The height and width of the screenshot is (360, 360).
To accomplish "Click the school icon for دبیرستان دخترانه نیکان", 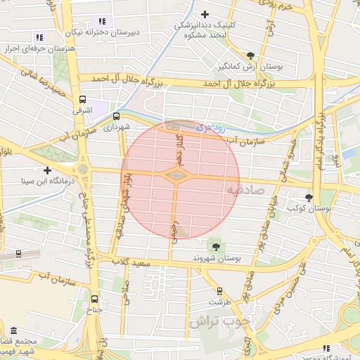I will coord(102,22).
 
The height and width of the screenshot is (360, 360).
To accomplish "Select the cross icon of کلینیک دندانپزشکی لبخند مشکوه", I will coord(205,14).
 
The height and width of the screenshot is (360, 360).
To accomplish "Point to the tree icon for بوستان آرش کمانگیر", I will coord(251,55).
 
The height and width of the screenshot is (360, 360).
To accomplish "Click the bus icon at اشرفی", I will coord(82,99).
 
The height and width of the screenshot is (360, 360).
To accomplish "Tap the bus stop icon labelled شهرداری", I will coord(116,117).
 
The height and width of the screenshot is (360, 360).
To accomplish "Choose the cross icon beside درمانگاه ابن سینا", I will coord(47,170).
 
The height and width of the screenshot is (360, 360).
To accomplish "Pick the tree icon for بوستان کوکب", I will coord(309,197).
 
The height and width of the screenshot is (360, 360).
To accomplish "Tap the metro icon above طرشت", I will coord(220,290).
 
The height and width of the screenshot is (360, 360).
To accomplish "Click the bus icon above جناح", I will coord(95,299).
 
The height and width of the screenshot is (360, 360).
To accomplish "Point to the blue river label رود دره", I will coord(210,129).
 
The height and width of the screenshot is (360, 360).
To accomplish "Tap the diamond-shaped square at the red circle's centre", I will coord(176,174).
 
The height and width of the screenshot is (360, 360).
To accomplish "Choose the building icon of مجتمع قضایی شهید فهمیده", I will coord(15,331).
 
